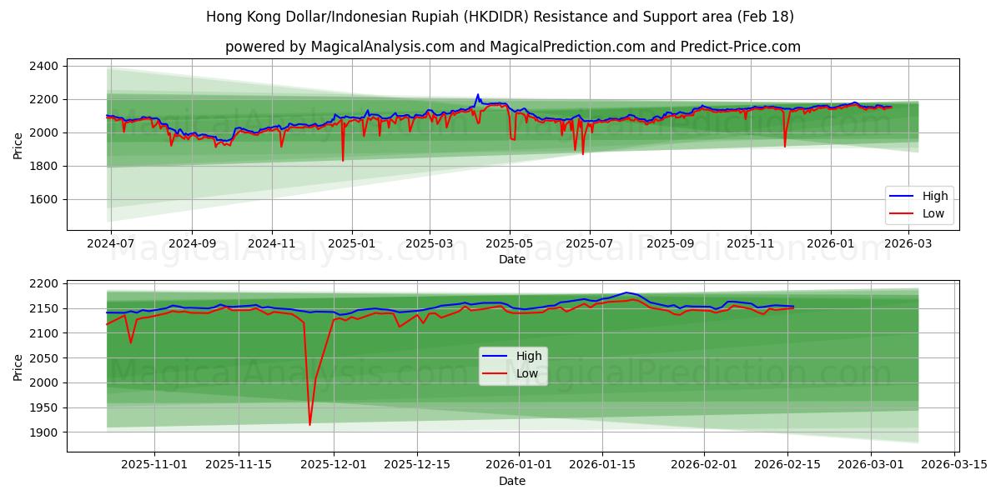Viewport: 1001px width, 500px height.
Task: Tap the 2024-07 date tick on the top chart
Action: coord(111,244)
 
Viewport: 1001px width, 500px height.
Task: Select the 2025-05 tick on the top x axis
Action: coord(510,244)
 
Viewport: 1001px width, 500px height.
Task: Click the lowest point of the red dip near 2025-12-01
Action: coord(309,425)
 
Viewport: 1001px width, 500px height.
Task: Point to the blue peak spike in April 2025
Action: coord(478,95)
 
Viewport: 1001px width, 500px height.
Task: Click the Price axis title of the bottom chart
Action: coord(18,367)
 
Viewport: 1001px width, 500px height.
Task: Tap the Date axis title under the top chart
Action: coord(512,259)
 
